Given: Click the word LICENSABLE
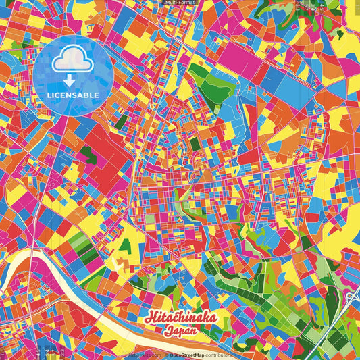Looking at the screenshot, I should pyautogui.click(x=73, y=94).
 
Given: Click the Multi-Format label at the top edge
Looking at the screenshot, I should pyautogui.click(x=179, y=3).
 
